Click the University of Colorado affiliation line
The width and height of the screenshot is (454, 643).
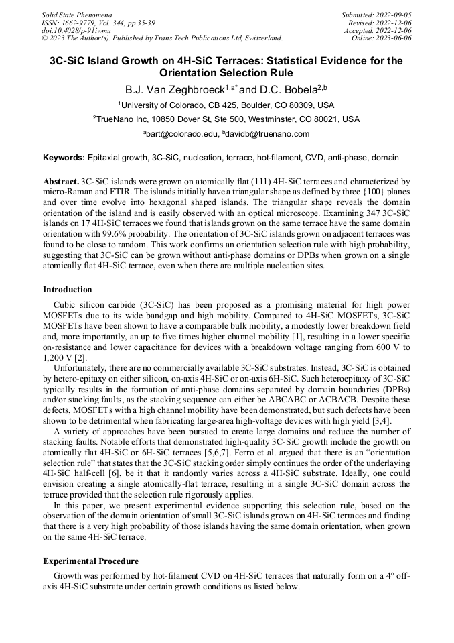point(226,105)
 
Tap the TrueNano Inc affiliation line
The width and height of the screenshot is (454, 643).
point(226,119)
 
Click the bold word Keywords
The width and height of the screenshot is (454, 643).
point(64,158)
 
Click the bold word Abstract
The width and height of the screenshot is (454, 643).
point(61,182)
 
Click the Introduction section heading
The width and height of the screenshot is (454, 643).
point(68,290)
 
